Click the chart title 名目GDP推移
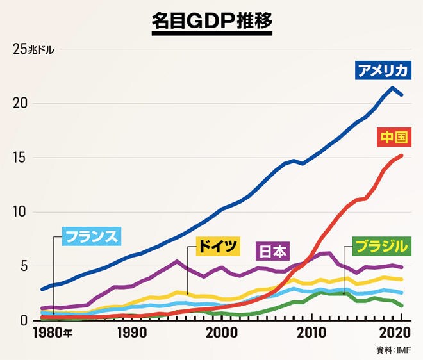(x=212, y=20)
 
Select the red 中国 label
(x=394, y=138)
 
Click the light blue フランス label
(x=92, y=237)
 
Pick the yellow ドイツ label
(x=217, y=245)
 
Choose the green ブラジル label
(x=381, y=245)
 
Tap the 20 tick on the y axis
(x=19, y=104)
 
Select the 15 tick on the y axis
(x=19, y=158)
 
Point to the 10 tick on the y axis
(x=19, y=212)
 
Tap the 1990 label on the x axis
(x=131, y=333)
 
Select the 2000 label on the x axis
(x=222, y=333)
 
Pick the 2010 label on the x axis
(x=312, y=333)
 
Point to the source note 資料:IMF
(x=395, y=350)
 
